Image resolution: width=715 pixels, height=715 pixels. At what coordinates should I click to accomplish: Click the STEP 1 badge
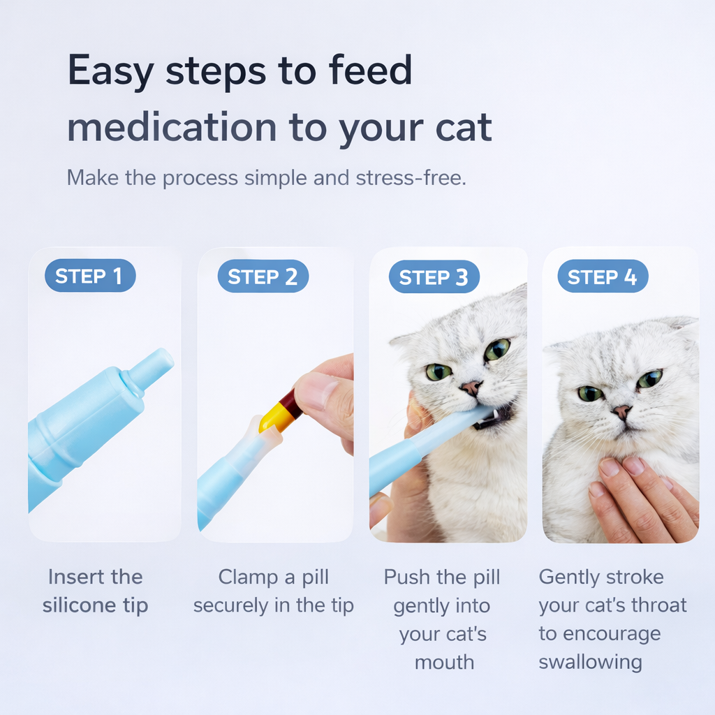[x=89, y=277]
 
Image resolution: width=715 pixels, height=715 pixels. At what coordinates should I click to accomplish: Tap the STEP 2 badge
[x=263, y=277]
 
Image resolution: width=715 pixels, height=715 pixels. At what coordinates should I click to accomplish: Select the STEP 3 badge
[x=434, y=277]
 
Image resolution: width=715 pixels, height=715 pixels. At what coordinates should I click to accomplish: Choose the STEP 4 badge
[x=602, y=277]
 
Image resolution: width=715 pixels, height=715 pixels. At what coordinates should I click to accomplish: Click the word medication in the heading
[x=172, y=127]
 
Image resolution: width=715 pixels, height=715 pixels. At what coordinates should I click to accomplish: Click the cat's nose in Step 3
[x=471, y=386]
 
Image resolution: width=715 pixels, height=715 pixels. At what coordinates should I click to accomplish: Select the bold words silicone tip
[x=96, y=605]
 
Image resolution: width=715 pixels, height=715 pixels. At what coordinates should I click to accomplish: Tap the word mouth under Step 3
[x=444, y=662]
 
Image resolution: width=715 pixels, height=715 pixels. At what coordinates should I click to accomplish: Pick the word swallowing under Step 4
[x=590, y=661]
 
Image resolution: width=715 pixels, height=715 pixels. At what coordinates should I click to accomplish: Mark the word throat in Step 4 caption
[x=657, y=605]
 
